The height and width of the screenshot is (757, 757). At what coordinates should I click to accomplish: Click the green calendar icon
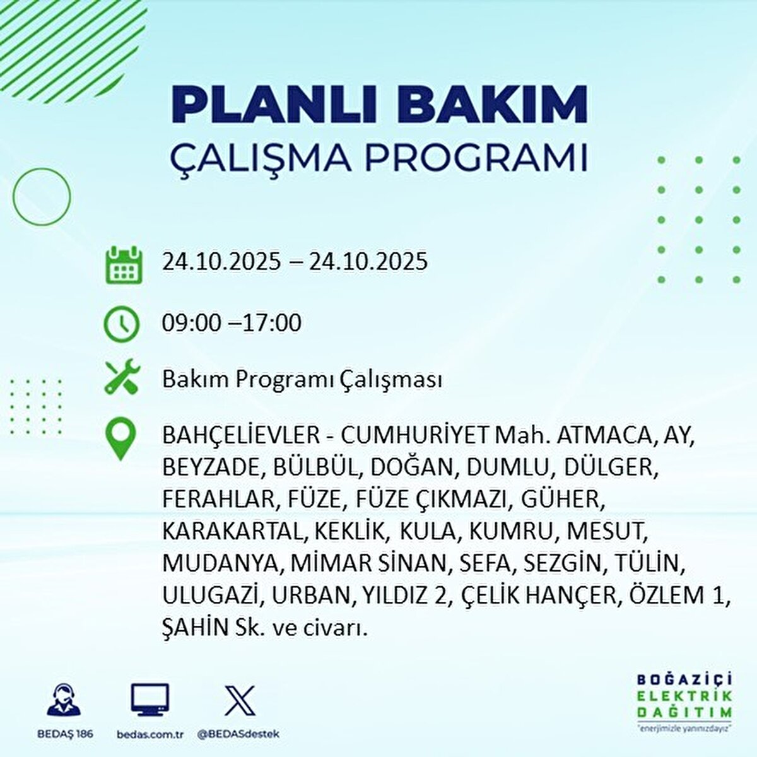point(122,264)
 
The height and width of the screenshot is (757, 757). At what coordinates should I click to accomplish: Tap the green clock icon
point(121,324)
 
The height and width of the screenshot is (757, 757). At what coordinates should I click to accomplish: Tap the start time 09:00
point(191,324)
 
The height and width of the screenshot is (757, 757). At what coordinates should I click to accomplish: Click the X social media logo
point(240,700)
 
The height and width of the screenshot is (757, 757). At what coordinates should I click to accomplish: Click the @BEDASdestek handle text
point(238,734)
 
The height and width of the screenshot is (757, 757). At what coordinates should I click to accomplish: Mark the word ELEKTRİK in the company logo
point(684,696)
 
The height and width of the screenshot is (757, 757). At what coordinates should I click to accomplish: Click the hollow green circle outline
point(42,197)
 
